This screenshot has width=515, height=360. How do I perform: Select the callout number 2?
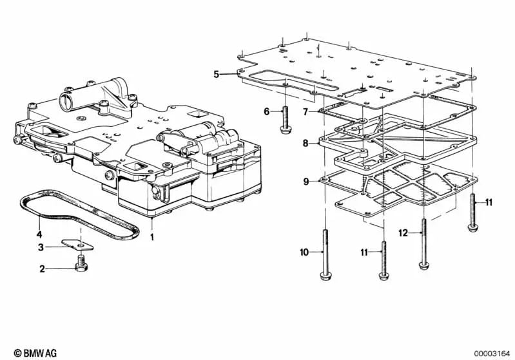click(x=43, y=269)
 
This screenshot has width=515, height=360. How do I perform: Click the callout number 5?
click(x=217, y=74)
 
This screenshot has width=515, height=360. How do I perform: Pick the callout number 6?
click(x=266, y=111)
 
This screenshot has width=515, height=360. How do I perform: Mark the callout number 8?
click(x=306, y=144)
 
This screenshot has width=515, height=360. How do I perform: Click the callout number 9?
click(x=306, y=182)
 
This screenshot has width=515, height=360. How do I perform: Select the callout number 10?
click(x=304, y=252)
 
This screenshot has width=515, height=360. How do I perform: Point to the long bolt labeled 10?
click(x=325, y=254)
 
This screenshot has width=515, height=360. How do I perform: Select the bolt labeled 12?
click(x=423, y=245)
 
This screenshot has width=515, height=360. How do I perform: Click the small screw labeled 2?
click(x=80, y=264)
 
